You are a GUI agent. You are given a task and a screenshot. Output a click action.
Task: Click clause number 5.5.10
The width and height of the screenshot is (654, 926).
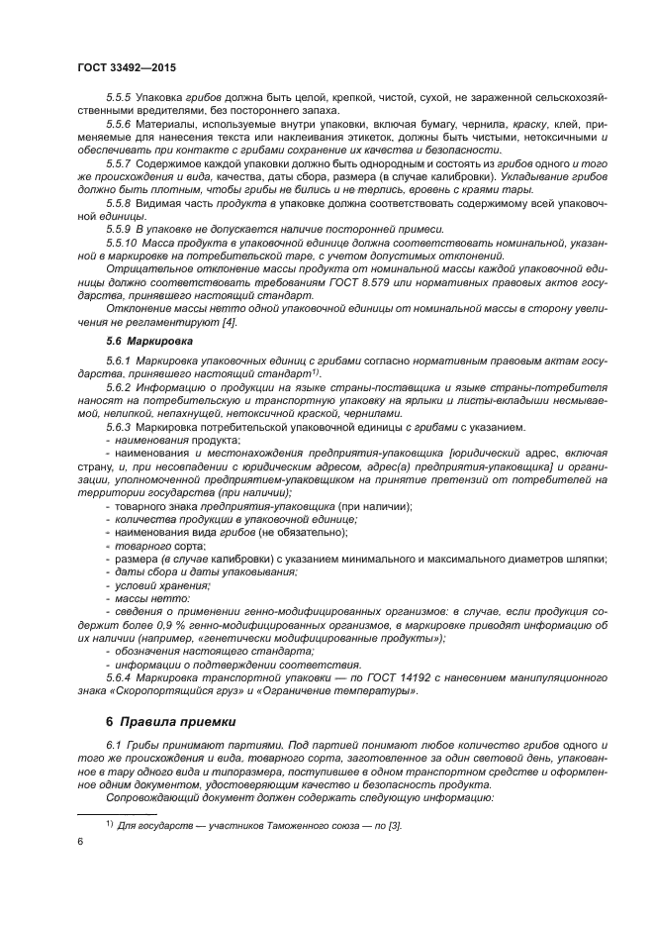click(x=121, y=243)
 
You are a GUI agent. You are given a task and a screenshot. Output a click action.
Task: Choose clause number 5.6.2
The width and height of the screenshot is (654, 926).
click(x=119, y=387)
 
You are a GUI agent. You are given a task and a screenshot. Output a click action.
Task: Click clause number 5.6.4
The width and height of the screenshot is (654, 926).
click(x=119, y=677)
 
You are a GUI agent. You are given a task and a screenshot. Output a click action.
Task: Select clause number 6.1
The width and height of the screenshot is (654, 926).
click(x=115, y=744)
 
